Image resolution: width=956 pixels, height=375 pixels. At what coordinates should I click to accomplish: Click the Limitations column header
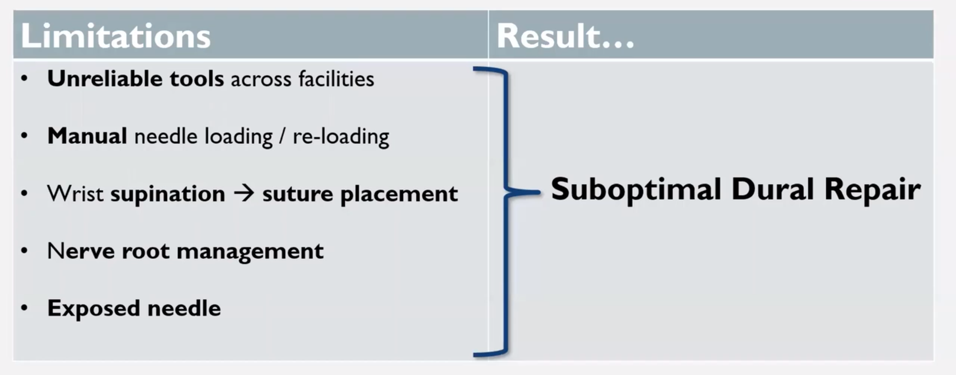tap(116, 36)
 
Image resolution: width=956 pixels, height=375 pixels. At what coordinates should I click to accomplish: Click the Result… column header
tap(565, 36)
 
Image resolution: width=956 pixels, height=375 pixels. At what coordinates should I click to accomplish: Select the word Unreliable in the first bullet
tap(105, 79)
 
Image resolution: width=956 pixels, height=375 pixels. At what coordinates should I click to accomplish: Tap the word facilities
tap(336, 79)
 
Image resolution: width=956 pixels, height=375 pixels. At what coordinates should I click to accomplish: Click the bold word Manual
tap(87, 136)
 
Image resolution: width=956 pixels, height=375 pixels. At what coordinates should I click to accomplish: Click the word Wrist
tap(75, 193)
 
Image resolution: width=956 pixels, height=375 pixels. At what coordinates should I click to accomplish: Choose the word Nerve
tap(81, 251)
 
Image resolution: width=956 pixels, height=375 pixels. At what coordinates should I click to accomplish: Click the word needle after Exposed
tap(184, 309)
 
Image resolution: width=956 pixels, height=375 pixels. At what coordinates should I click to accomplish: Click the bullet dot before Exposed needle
tap(25, 308)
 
